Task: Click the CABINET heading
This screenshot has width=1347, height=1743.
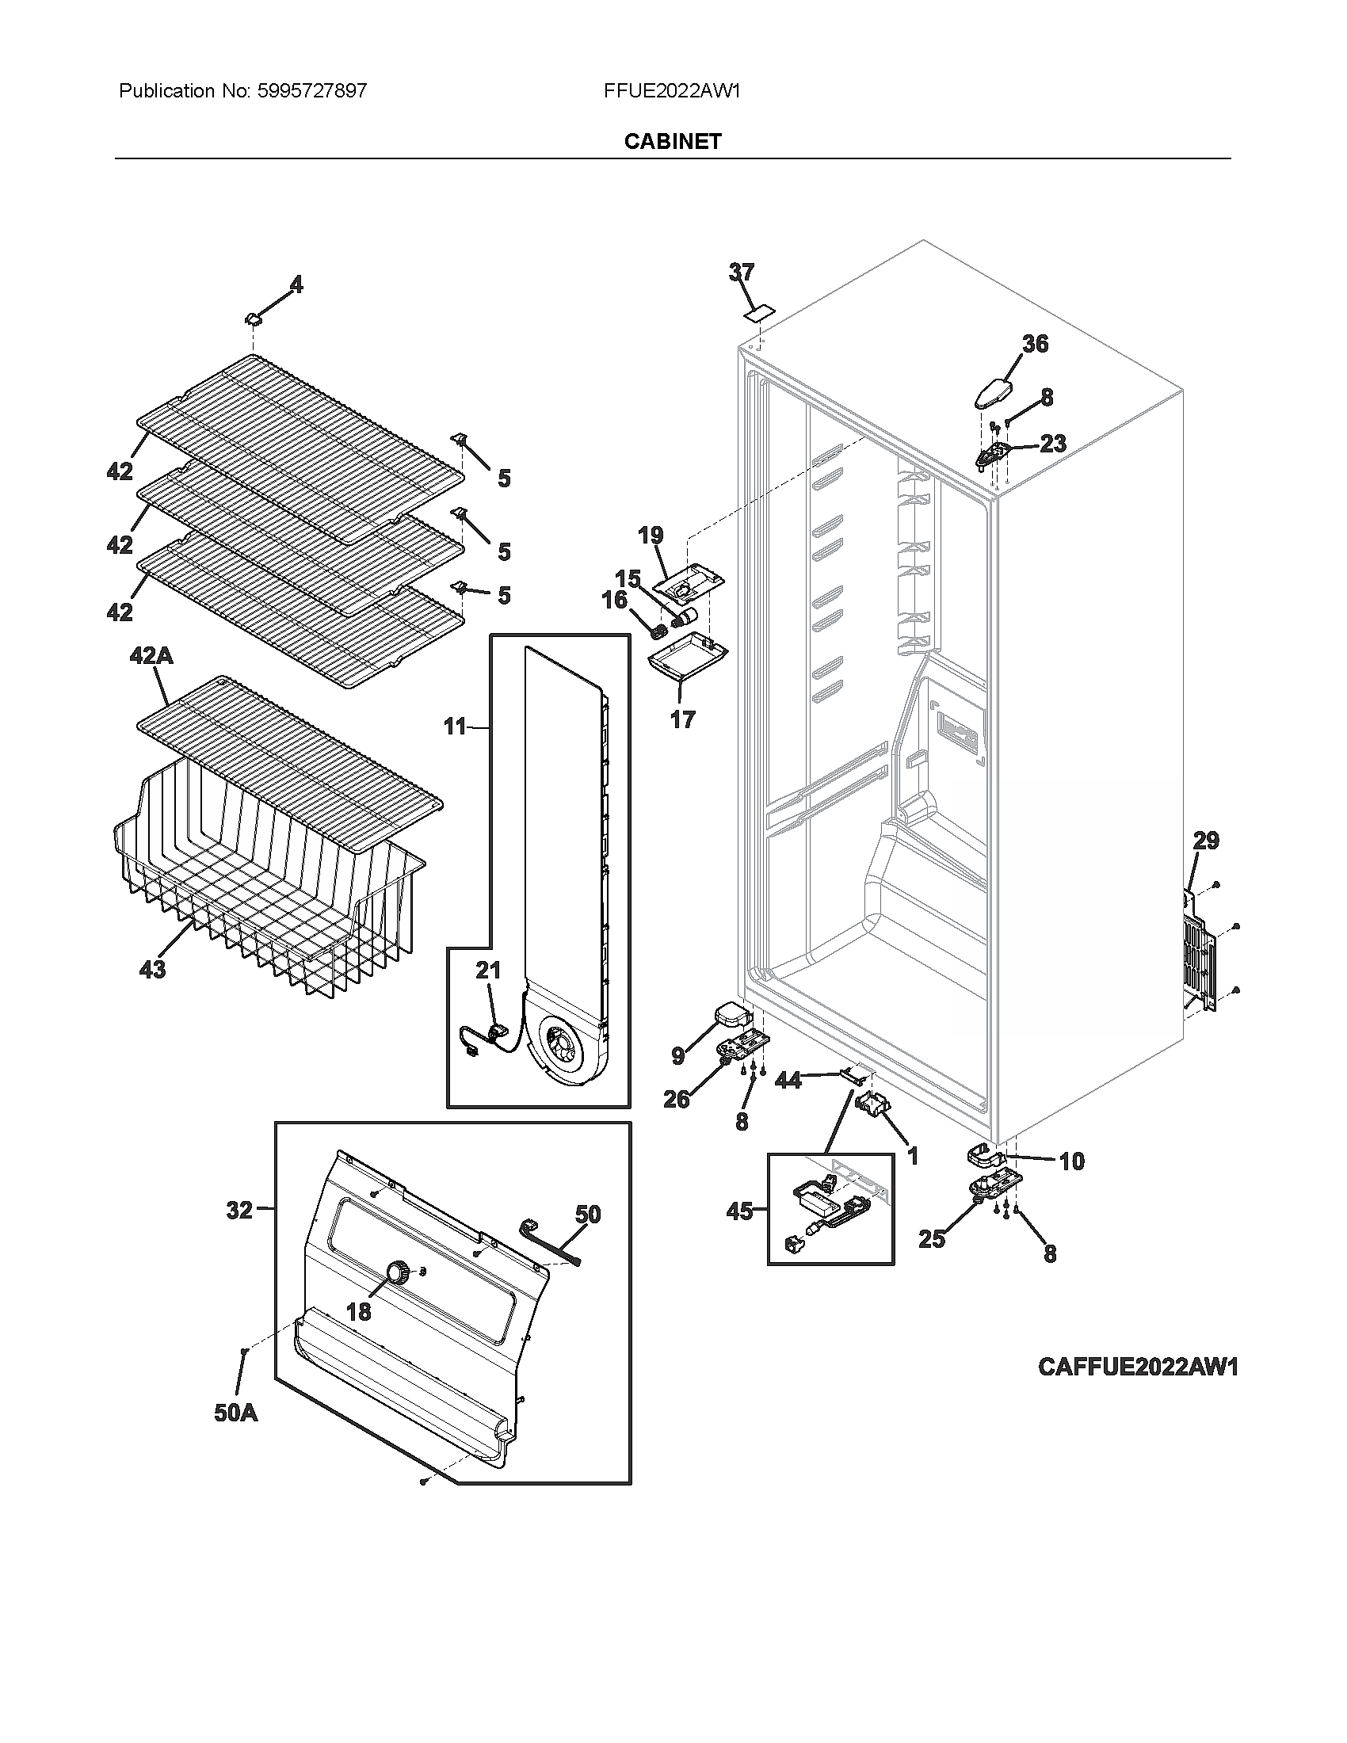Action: point(673,141)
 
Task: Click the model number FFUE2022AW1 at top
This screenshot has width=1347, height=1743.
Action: point(672,91)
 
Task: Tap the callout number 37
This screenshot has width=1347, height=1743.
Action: point(742,273)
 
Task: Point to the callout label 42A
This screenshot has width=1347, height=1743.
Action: point(151,656)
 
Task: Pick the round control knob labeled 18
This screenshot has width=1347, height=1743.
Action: point(397,1272)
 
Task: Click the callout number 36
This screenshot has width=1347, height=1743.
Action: point(1035,344)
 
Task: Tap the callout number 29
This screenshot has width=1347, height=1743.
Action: point(1206,841)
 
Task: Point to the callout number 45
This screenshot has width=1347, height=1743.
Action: point(739,1211)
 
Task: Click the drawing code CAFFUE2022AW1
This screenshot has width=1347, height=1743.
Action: point(1137,1367)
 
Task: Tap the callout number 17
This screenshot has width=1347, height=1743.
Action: point(682,720)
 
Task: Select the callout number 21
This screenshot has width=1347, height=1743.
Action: point(488,971)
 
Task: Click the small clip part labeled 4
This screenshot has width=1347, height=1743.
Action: point(253,318)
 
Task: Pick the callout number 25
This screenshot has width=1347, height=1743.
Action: point(931,1239)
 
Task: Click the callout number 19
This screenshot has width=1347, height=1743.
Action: point(651,535)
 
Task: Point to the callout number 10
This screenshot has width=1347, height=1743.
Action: point(1072,1161)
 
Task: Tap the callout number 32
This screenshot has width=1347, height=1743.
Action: point(239,1211)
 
